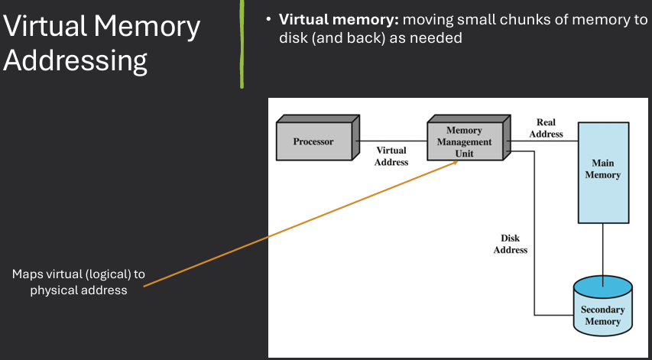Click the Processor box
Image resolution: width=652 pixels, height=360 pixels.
point(314,141)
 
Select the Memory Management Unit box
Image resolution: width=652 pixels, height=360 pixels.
point(465,141)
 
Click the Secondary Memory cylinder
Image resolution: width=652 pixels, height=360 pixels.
point(603,310)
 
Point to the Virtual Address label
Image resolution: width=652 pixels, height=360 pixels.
point(391,156)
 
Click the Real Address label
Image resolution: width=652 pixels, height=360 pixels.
point(546,128)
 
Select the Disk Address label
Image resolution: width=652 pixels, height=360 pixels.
point(510,244)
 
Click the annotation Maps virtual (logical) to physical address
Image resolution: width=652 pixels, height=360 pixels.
point(78,282)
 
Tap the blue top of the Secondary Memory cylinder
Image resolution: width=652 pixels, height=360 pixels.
point(603,287)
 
